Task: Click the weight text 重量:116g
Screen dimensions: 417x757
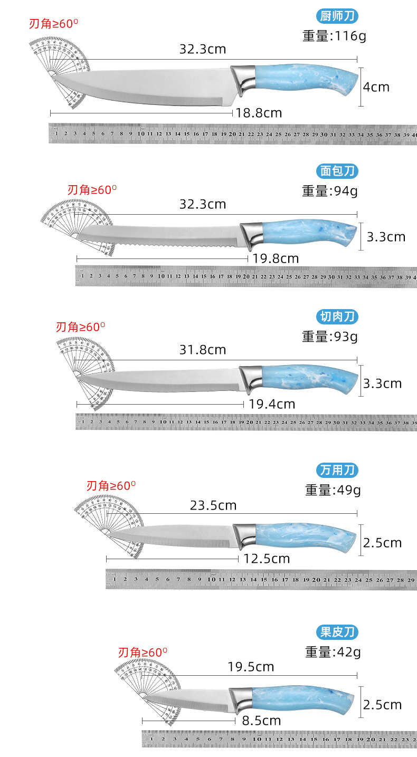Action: click(334, 36)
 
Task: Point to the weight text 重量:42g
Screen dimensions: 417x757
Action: click(333, 652)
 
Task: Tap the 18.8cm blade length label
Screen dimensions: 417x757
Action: click(259, 113)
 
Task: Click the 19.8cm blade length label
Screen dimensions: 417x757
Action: click(276, 258)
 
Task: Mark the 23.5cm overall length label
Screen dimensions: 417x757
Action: click(213, 505)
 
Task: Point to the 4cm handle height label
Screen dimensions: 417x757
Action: click(376, 87)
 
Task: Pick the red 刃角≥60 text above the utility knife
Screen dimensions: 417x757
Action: click(111, 485)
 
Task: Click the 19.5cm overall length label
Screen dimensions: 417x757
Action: click(251, 667)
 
